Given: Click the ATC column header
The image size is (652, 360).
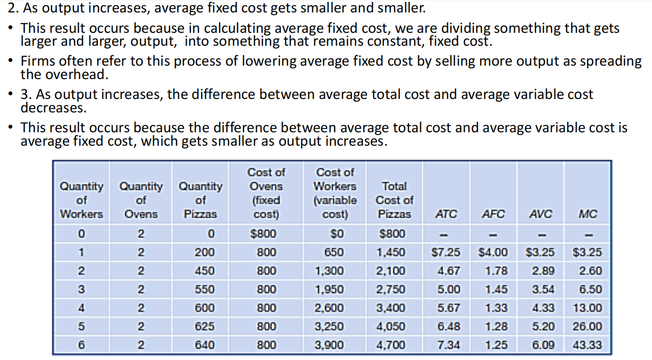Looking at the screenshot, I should [446, 214].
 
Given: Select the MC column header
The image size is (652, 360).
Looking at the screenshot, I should [588, 214].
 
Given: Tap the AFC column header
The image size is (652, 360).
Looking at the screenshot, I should [493, 214].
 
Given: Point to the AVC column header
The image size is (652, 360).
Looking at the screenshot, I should [541, 214].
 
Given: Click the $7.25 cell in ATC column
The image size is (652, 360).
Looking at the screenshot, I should [445, 252].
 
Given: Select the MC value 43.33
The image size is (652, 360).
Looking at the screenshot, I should [587, 345].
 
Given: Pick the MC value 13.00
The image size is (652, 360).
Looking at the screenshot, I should [587, 308].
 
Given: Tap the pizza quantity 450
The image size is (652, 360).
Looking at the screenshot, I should [204, 271].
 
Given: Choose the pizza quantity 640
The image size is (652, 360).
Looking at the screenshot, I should [204, 345].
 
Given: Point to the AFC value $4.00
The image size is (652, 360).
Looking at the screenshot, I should [493, 252].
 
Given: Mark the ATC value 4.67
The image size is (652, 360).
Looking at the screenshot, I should [449, 271].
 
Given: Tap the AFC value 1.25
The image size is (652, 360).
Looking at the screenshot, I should [496, 345].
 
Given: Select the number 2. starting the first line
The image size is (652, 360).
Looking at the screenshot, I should [7, 8].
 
